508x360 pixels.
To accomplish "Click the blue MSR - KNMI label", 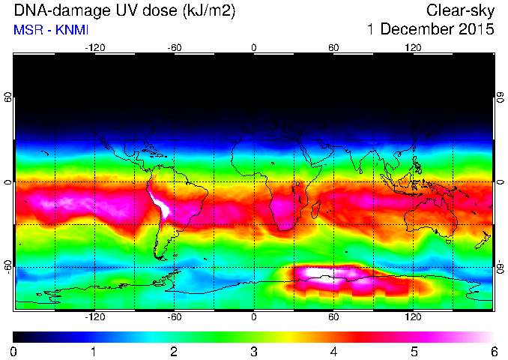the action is point(51,30).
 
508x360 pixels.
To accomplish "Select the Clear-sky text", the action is point(460,10).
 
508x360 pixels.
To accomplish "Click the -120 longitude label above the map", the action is point(95,48).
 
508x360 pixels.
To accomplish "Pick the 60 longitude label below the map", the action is point(333,316).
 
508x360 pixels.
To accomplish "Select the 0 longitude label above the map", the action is point(254,48).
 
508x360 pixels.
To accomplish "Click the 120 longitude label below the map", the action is point(413,316).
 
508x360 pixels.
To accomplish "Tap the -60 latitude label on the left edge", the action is point(8,267).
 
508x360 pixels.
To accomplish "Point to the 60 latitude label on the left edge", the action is point(8,97).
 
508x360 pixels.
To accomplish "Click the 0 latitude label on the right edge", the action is point(501,182).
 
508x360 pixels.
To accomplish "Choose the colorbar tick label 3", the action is point(254,352).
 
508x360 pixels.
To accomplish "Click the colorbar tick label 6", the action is point(494,352).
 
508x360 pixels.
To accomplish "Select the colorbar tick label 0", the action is point(13,352).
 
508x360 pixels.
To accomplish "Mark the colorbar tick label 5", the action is point(414,352).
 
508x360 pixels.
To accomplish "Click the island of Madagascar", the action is point(316,208).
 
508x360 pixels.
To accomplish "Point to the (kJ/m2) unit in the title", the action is point(209,10).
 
